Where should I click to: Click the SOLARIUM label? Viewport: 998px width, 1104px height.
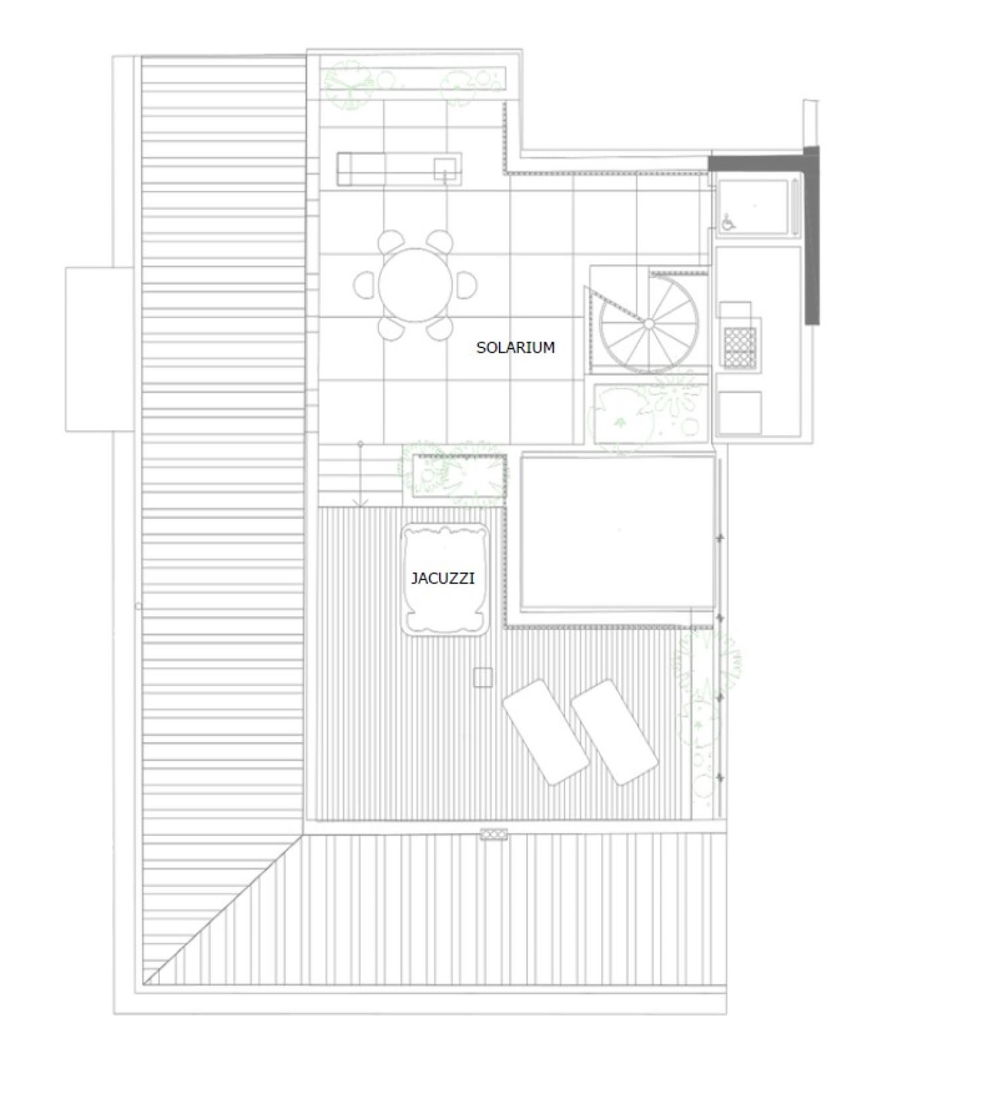[x=516, y=347]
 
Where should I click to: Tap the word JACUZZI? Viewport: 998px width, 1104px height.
[x=443, y=578]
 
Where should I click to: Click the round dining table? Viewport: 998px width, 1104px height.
[x=416, y=285]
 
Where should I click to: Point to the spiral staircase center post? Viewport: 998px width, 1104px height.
[x=649, y=323]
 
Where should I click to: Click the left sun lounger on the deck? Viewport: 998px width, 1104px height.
[x=546, y=732]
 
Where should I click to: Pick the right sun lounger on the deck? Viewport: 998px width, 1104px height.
[x=615, y=732]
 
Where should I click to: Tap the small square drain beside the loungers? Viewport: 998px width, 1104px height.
[x=483, y=677]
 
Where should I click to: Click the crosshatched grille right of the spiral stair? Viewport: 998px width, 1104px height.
[x=741, y=347]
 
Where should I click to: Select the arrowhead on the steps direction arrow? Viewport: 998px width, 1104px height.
[x=360, y=503]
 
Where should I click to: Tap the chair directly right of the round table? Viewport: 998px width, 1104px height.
[x=467, y=285]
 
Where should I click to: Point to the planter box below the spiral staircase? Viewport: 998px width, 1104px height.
[x=651, y=413]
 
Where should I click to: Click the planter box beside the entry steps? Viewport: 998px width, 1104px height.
[x=459, y=475]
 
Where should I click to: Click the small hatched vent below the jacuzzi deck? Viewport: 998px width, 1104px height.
[x=494, y=834]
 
